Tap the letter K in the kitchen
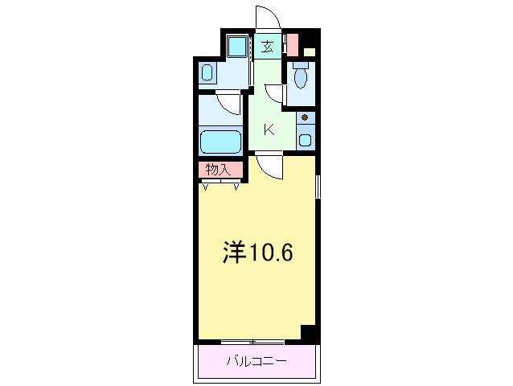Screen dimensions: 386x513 (270, 129)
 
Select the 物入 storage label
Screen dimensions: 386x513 (218, 170)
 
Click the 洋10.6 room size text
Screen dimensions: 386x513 (257, 253)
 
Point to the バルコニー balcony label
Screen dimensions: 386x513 (256, 360)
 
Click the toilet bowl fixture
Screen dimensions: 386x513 (301, 76)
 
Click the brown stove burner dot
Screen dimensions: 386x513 (305, 119)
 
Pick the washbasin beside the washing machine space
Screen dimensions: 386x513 (207, 75)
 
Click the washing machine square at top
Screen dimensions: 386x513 (236, 47)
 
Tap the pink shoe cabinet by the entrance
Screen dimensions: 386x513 (292, 43)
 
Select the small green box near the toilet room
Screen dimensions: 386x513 (309, 53)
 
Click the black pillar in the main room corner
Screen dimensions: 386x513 (307, 332)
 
